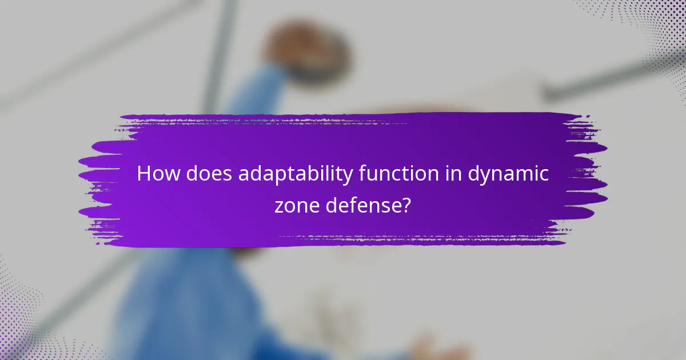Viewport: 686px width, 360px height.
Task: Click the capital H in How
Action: point(144,174)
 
